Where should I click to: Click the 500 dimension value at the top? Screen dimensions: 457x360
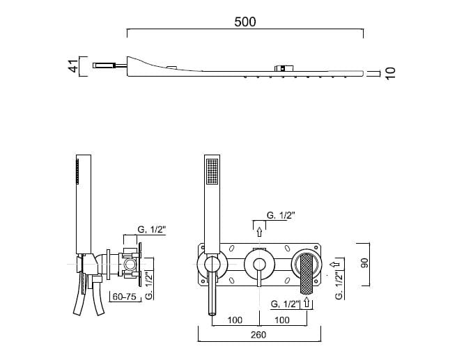[245, 22]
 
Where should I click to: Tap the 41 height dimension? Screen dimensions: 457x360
[74, 66]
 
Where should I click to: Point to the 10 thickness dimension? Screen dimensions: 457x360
[390, 73]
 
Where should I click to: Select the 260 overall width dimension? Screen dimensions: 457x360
[258, 335]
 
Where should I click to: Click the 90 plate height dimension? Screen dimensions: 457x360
[364, 263]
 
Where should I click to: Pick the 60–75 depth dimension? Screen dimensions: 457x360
[125, 297]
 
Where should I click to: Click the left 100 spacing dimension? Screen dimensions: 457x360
[235, 320]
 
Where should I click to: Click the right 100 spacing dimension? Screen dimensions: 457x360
[282, 320]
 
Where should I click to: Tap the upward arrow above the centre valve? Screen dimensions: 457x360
[259, 232]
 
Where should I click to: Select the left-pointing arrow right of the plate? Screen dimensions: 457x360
[335, 264]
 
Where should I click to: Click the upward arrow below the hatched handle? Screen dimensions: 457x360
[307, 302]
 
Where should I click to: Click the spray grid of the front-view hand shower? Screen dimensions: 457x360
[212, 171]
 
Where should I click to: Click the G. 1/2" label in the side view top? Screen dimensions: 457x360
[152, 230]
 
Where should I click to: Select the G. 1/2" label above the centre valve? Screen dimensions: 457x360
[281, 216]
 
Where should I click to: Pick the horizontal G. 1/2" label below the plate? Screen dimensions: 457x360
[285, 304]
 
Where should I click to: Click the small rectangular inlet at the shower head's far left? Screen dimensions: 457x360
[104, 65]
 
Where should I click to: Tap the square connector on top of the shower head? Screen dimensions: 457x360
[283, 68]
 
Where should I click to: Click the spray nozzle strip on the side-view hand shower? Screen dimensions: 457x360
[77, 171]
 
